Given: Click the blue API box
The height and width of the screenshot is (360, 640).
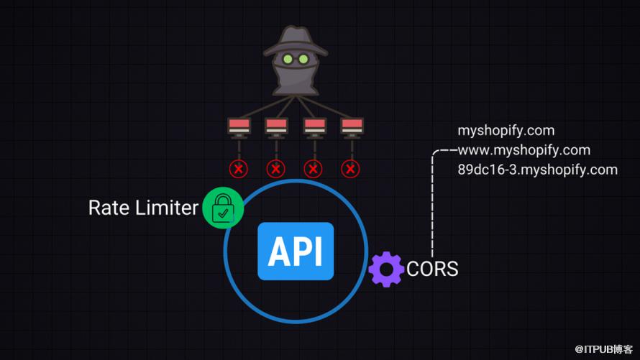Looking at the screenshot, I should coord(296,251).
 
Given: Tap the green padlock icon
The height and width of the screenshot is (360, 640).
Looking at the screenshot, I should coord(223,208).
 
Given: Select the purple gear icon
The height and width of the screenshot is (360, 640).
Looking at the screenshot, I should coord(386,269).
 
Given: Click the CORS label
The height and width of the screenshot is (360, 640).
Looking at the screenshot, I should coord(432,269).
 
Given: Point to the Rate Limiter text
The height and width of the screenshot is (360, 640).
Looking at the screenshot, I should coord(142,208).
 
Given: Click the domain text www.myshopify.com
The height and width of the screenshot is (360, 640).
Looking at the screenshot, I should coord(524,150).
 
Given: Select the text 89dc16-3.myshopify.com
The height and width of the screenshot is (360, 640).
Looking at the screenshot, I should coord(537,170).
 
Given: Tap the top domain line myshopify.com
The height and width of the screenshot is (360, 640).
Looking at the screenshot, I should coord(506,131).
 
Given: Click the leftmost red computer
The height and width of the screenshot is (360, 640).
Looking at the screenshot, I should coord(239,128).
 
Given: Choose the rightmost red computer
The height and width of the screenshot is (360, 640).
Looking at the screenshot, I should coord(351,128).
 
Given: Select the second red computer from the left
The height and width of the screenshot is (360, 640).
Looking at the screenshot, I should coord(276,128).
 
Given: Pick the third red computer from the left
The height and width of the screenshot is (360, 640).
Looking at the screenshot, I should coord(314,128).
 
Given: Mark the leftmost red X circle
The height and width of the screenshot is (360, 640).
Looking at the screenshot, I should coord(238,169).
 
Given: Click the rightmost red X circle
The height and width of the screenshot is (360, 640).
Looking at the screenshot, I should coord(350,169).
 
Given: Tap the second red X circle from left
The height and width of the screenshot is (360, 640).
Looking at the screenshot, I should coord(275,169).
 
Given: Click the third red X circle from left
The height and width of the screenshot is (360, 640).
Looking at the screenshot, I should coord(313,169).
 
